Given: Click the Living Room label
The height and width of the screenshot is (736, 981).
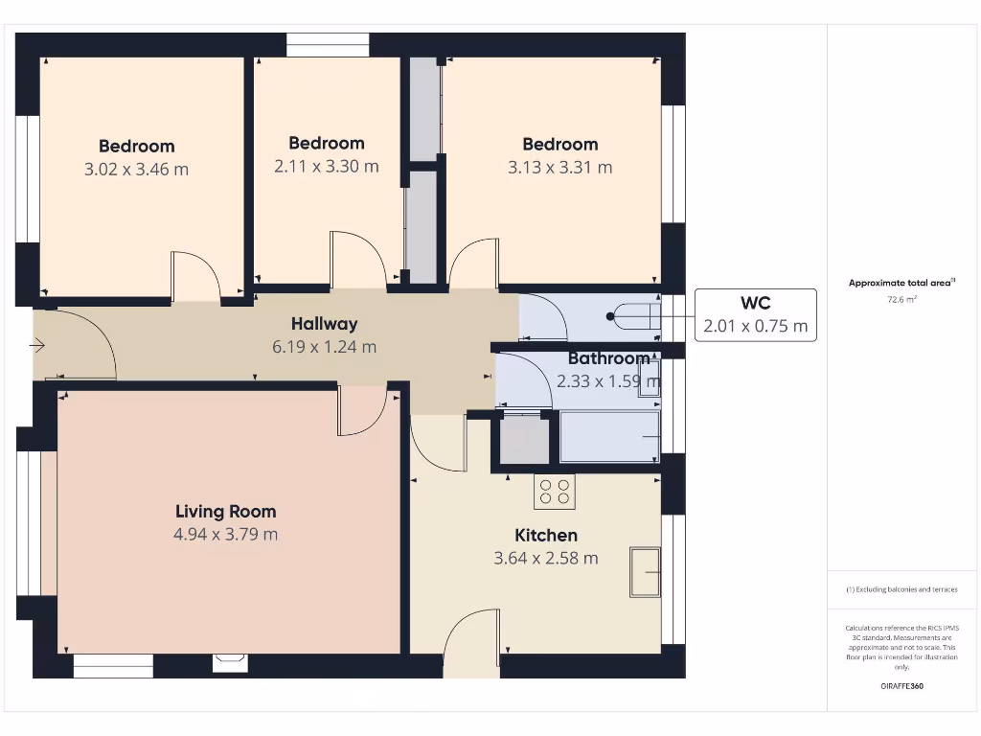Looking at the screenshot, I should tap(225, 512).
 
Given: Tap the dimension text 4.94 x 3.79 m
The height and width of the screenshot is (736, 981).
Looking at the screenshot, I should tap(225, 535).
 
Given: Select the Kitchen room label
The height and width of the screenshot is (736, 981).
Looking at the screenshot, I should tap(546, 535).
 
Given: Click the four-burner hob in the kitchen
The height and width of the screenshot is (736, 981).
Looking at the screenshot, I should tap(555, 493).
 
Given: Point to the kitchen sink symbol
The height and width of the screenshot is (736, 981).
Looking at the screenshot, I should tap(645, 572).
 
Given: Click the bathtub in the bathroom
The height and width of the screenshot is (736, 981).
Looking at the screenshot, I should tap(610, 437).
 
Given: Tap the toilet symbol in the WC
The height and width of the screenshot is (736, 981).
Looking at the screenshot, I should tap(633, 315).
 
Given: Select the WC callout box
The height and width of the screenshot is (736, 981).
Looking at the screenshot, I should tap(755, 315).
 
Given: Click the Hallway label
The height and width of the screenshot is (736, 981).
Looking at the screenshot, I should tap(324, 324).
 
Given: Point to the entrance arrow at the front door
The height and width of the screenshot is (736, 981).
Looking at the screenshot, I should tap(37, 345).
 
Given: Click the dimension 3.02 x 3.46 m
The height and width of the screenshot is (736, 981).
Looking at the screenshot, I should tap(136, 170).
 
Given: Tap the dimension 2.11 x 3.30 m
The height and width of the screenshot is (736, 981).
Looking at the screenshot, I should tap(326, 167).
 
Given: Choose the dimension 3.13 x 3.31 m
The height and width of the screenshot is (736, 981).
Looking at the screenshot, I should tap(559, 168).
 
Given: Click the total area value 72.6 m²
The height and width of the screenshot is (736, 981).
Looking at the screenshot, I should tap(901, 300).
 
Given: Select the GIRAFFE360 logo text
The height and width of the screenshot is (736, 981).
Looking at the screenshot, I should tap(901, 686).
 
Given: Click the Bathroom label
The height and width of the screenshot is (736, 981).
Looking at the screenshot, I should tap(608, 358).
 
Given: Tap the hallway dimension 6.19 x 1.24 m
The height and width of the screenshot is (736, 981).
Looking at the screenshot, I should tap(324, 347).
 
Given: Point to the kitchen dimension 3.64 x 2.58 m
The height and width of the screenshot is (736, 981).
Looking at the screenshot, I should tap(546, 558).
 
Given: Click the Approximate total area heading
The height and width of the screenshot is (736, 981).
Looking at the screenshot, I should tap(901, 283).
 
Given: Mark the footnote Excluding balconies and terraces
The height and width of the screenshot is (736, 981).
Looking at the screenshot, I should tap(901, 589).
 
